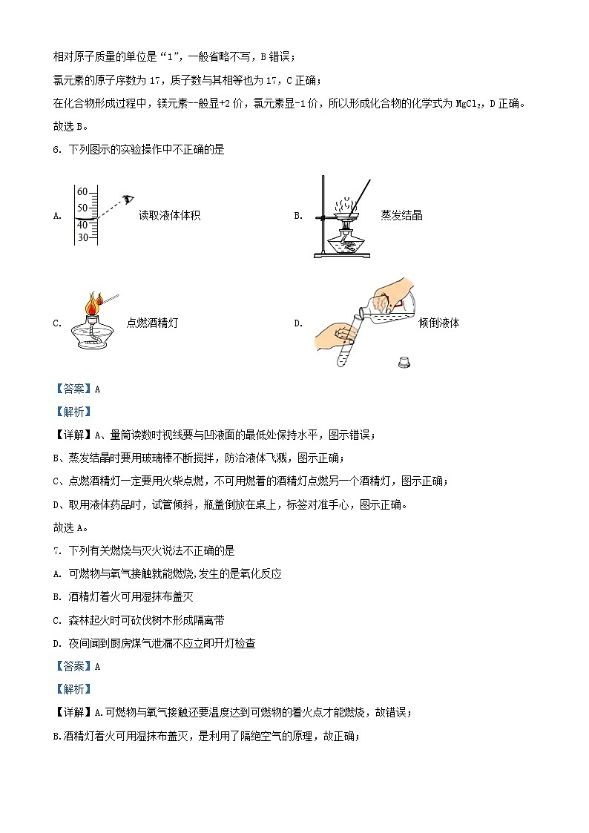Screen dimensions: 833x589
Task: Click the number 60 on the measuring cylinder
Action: [82, 192]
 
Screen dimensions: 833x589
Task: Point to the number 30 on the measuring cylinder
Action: [82, 237]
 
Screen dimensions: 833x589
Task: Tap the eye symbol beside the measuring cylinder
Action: [128, 199]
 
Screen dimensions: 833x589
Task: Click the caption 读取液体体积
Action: [169, 216]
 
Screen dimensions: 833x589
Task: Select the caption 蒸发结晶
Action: [401, 216]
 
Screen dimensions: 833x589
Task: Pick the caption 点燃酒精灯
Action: [152, 323]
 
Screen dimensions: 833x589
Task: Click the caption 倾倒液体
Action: [438, 323]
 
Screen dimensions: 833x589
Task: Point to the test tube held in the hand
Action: [345, 345]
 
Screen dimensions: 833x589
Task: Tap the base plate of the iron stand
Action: [340, 256]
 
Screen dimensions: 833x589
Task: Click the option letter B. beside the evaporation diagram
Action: [298, 216]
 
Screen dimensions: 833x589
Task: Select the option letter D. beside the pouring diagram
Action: [298, 323]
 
